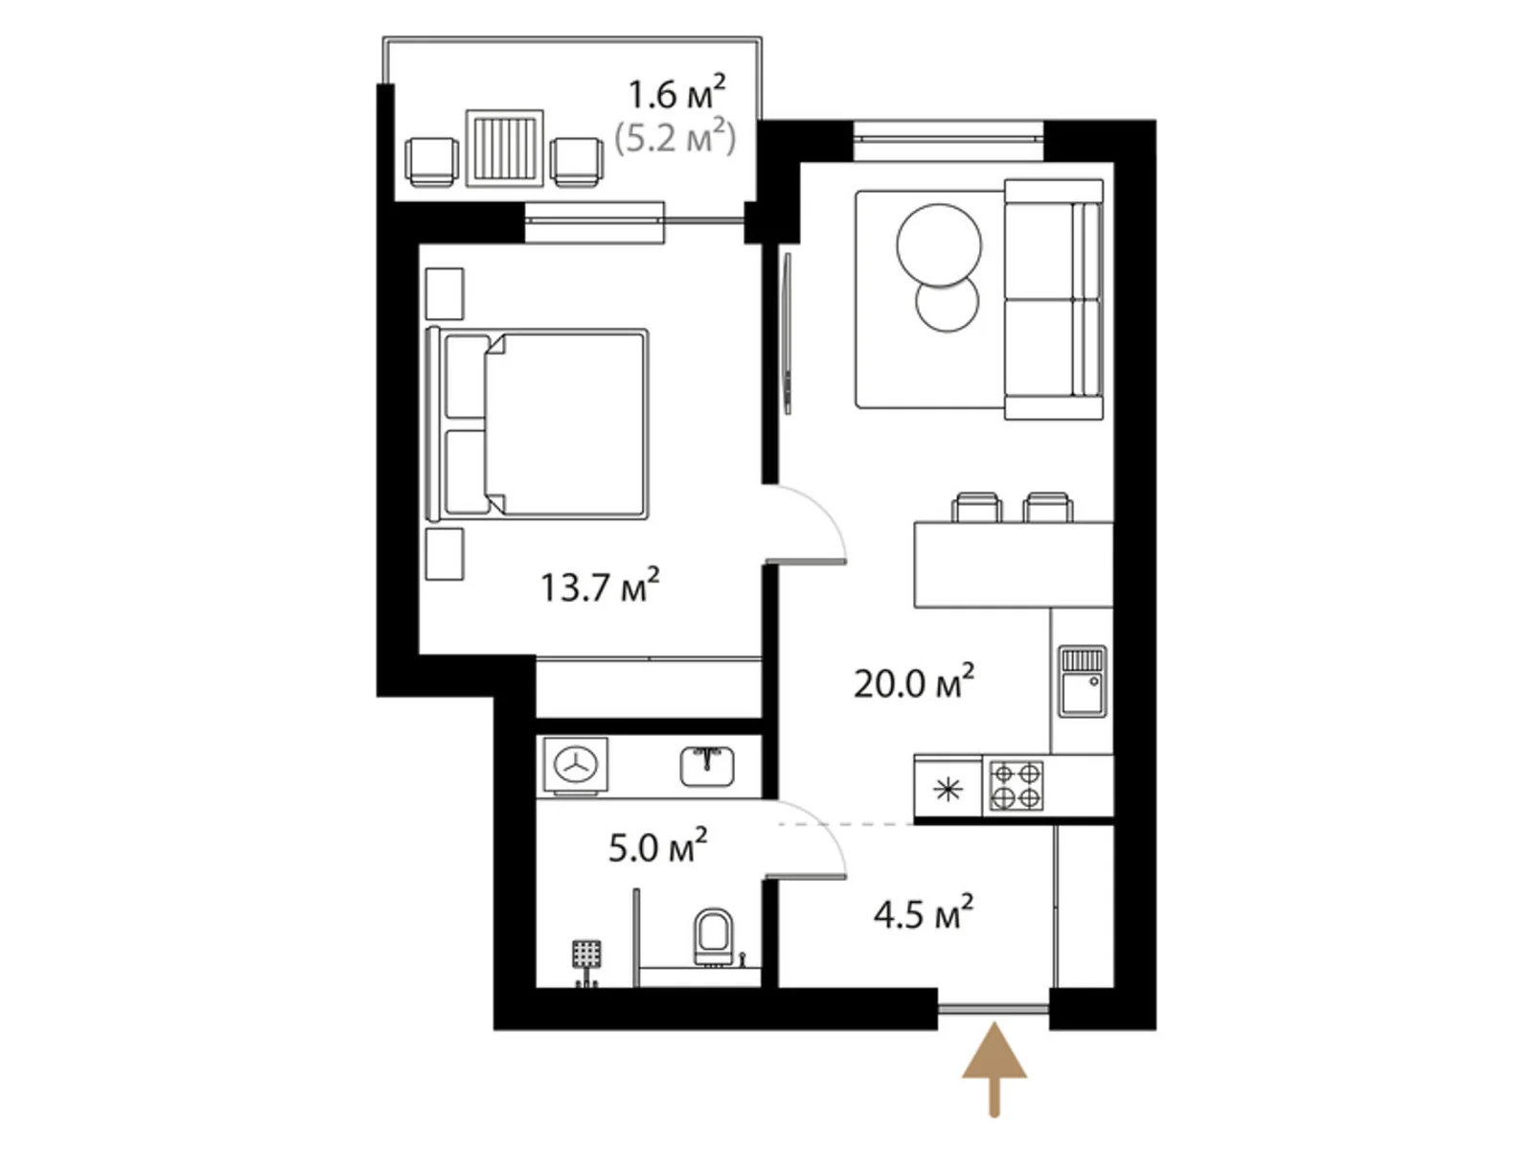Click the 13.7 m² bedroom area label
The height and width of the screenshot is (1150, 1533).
[599, 586]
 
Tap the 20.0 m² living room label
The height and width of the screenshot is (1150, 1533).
[913, 683]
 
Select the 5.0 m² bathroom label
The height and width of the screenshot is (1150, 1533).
[657, 847]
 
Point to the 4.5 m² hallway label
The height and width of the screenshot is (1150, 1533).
[923, 913]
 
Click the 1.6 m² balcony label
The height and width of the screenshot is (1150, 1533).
[676, 94]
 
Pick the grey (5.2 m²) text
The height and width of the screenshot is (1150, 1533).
[675, 138]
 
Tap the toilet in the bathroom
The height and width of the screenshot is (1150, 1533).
[713, 936]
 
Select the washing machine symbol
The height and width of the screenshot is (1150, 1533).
[576, 765]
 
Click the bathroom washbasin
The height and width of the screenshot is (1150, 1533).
[707, 766]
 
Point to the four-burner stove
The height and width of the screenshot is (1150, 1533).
[1016, 786]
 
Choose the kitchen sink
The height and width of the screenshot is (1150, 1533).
[1082, 681]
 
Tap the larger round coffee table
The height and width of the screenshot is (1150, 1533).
[939, 245]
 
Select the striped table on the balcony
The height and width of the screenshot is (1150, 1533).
[505, 149]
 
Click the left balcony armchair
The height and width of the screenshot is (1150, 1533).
[431, 161]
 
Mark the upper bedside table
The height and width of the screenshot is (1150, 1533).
[445, 293]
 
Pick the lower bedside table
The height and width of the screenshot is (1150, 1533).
[445, 554]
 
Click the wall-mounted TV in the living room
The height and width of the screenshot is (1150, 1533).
[787, 333]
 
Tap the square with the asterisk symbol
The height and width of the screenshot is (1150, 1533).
[948, 790]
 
